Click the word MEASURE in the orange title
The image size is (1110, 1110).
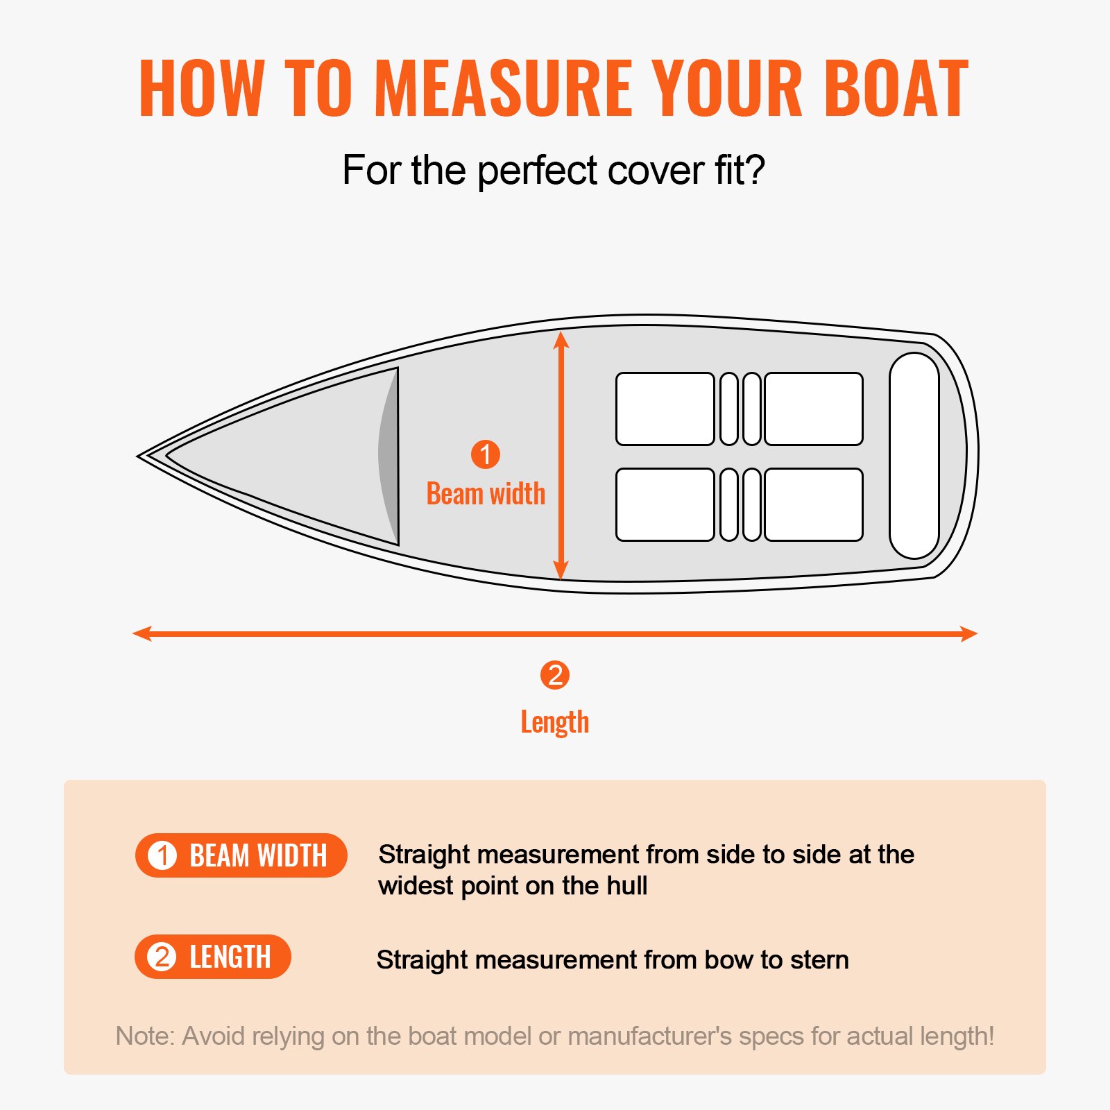point(503,88)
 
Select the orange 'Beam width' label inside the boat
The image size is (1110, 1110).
point(486,494)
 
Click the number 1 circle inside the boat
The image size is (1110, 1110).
point(486,454)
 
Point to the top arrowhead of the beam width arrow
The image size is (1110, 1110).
point(561,339)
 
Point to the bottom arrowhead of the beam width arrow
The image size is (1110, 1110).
point(561,571)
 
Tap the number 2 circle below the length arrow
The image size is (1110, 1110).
point(555,675)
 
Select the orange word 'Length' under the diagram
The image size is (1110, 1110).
point(555,722)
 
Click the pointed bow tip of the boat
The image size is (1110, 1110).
point(141,456)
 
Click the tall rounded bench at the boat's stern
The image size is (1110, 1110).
point(914,456)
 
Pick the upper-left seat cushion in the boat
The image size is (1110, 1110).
point(665,409)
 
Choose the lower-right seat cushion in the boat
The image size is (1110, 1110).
point(813,504)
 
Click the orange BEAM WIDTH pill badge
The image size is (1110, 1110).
point(241,855)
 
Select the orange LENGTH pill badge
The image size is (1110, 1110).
point(212,957)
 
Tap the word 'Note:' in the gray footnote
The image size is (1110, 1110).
point(145,1036)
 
